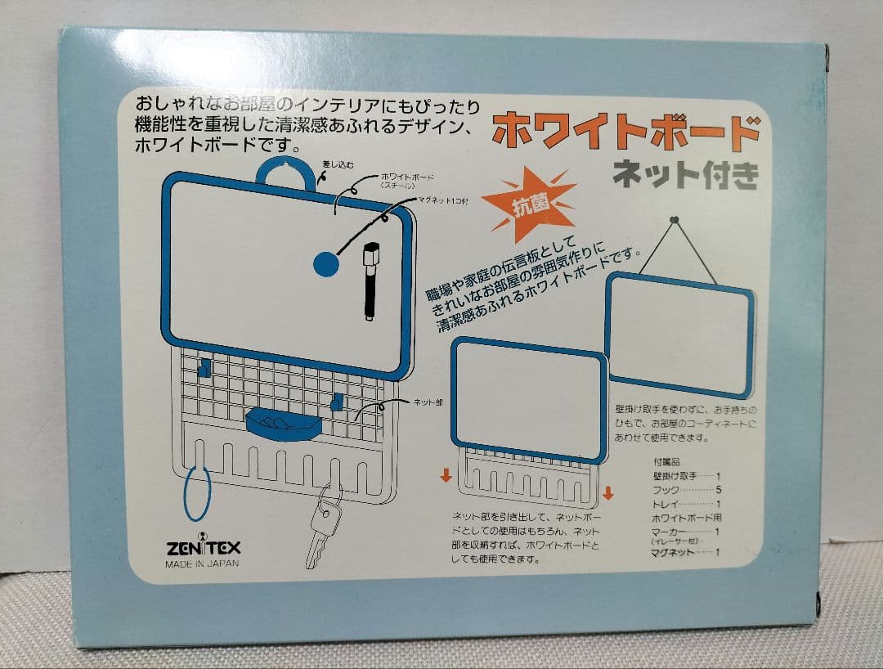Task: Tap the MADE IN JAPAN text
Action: (202, 563)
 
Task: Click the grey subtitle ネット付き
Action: (685, 174)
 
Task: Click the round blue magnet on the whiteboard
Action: (327, 263)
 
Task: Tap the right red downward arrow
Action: (607, 492)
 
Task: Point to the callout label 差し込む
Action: (339, 164)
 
